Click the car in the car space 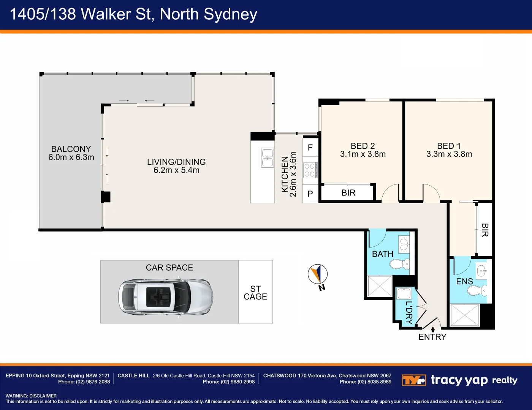coord(166,297)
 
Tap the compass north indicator coord(318,274)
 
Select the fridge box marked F coord(310,148)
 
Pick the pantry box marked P coord(310,193)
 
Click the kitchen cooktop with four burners coord(310,170)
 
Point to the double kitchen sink coord(268,158)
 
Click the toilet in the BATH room coord(399,264)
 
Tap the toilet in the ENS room coord(477,291)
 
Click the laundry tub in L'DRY coord(404,293)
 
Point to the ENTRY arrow coord(433,330)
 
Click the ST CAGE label coord(255,293)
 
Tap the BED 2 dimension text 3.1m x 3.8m coord(363,154)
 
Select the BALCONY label coord(71,149)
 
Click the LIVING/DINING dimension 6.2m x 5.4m coord(177,170)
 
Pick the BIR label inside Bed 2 coord(348,193)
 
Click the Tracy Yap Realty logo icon coord(414,380)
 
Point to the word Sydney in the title coord(230,15)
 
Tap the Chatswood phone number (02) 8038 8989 coord(374,382)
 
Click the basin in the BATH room coord(404,244)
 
